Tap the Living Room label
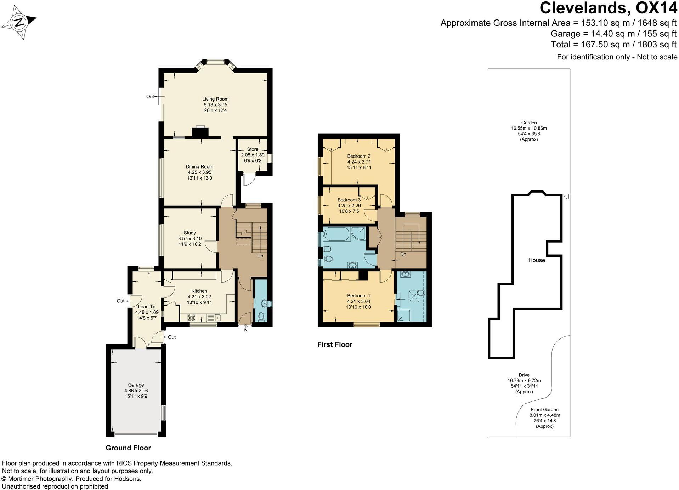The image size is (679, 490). click(215, 99)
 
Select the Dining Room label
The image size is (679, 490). click(199, 167)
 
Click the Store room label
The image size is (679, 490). click(253, 149)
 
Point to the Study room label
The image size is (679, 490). click(190, 233)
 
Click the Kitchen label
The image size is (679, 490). click(199, 291)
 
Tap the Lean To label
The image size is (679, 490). click(147, 307)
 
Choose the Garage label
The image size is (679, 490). click(136, 385)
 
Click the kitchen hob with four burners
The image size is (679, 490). click(191, 318)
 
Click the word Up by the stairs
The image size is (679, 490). click(260, 256)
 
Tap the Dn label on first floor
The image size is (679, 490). click(403, 255)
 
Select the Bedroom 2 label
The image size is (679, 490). click(359, 156)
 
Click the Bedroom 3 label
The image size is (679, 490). click(349, 200)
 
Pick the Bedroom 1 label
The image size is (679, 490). click(359, 296)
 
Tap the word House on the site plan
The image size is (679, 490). click(537, 260)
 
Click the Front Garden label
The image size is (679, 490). click(545, 410)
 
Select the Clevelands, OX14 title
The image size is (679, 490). click(608, 8)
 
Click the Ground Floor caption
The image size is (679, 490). click(128, 448)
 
